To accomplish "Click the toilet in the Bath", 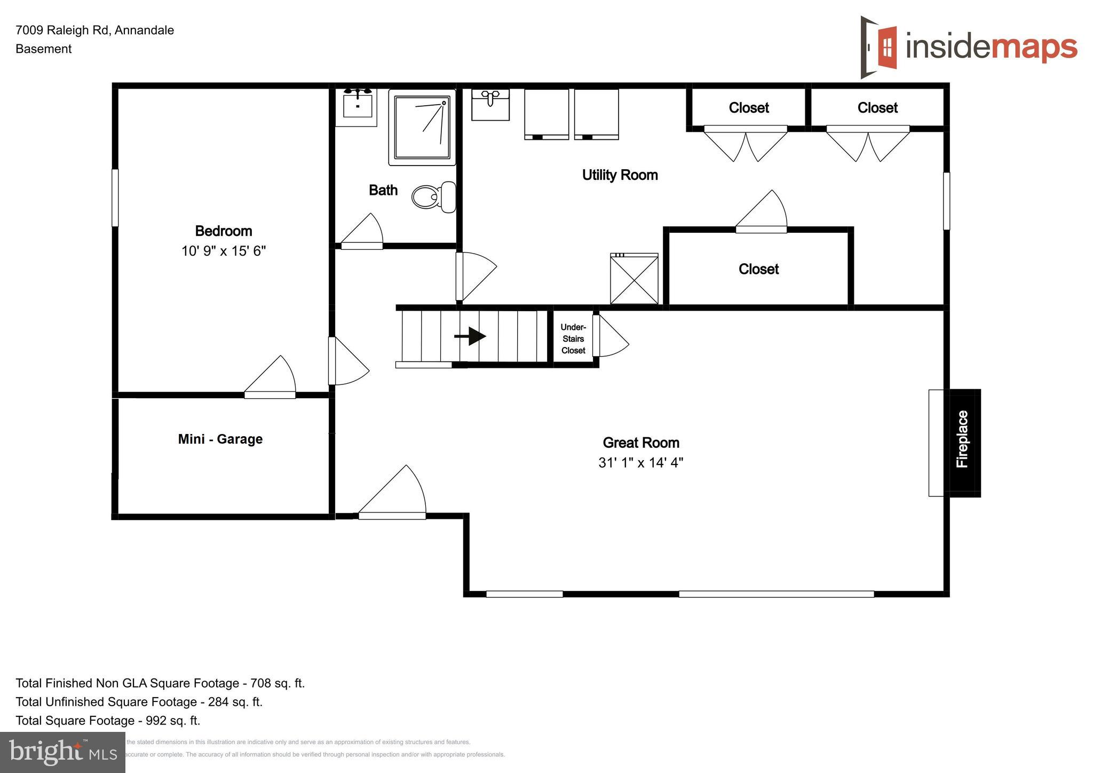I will (433, 197).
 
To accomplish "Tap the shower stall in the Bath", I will (422, 127).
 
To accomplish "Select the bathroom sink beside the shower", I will (357, 107).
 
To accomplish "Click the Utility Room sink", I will (490, 104).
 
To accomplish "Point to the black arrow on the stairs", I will (470, 336).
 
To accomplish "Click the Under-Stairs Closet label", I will (573, 339).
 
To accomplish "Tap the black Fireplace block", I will (963, 443).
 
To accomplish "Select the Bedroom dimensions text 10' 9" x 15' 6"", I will (224, 251).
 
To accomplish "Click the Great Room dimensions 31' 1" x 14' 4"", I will (640, 462).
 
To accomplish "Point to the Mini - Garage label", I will (220, 439).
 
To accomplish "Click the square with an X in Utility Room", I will (634, 279).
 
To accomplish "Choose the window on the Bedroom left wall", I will (115, 198).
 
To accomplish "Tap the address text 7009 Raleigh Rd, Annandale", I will (95, 30).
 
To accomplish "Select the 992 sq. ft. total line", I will (108, 721).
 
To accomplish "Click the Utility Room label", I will (620, 175).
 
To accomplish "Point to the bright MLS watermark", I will (62, 752).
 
